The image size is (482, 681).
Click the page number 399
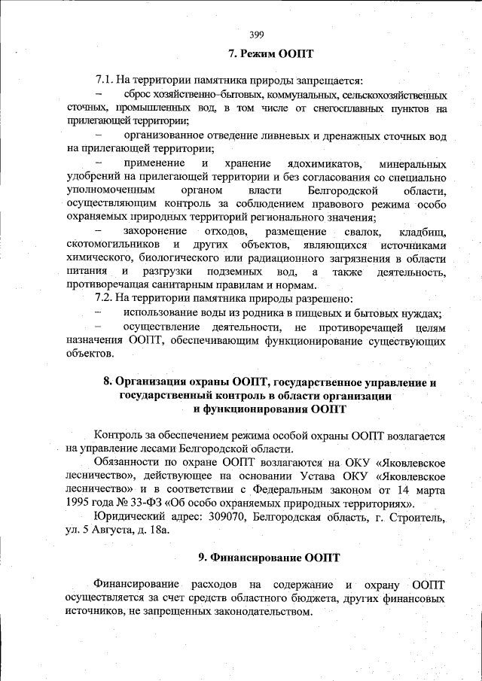point(256,33)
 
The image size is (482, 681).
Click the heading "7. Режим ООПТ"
point(270,54)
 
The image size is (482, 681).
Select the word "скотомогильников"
point(113,245)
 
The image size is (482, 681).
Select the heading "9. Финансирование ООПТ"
point(269,558)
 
